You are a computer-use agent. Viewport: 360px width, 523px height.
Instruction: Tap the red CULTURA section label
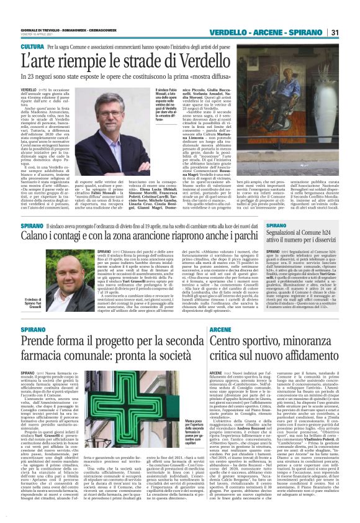[x=32, y=47]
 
